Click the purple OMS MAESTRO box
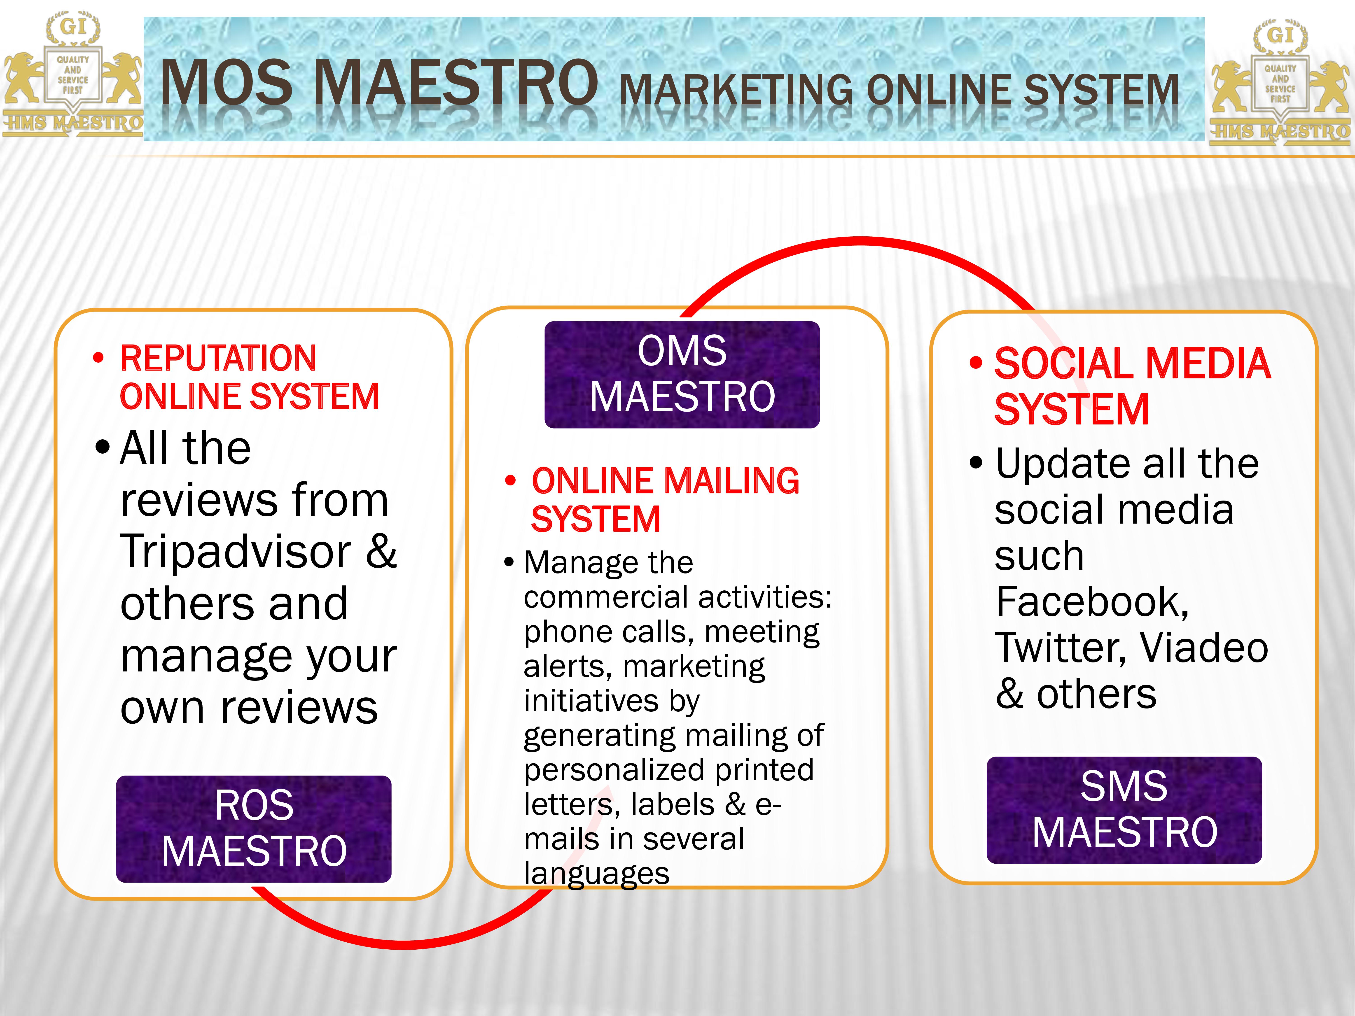(682, 374)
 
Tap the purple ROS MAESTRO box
(254, 829)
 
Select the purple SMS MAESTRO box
(1124, 810)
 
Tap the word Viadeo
(1204, 647)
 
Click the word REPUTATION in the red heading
(218, 358)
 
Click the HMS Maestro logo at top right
(1280, 83)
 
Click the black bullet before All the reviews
(102, 448)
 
